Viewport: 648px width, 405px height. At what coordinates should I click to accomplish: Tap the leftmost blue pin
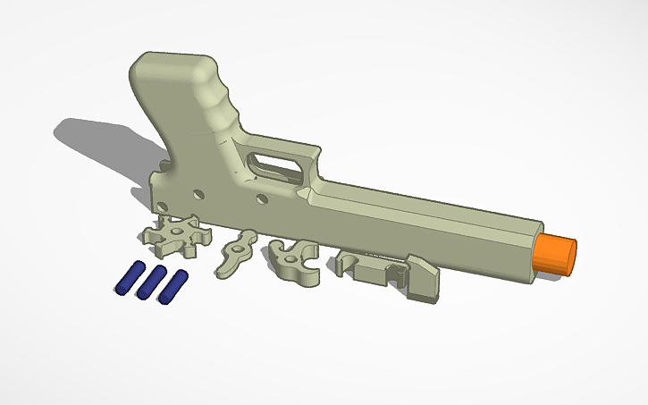tap(129, 278)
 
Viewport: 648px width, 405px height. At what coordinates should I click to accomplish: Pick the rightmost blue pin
tap(173, 285)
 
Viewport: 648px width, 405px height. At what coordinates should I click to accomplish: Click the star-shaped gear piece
tap(175, 236)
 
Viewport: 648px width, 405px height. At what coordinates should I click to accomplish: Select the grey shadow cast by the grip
tap(98, 143)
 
